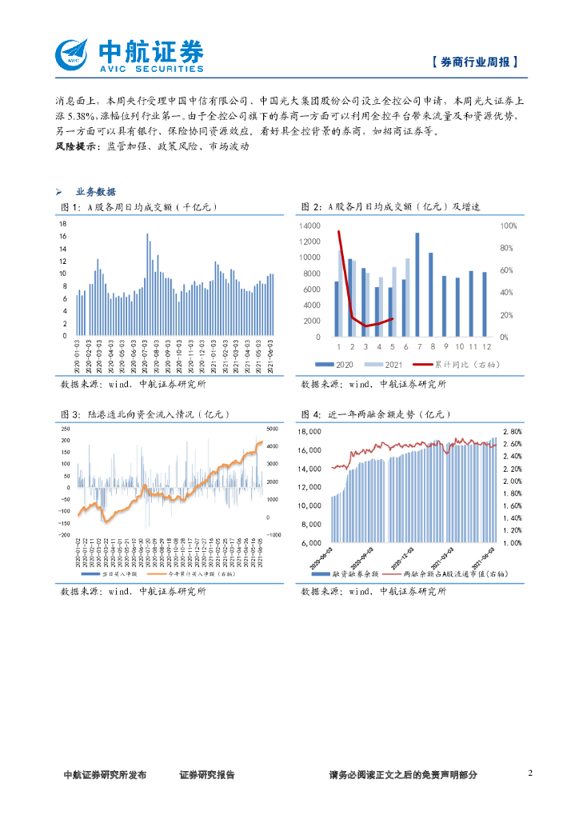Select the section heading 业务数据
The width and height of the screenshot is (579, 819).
95,192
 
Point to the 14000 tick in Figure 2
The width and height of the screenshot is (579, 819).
309,226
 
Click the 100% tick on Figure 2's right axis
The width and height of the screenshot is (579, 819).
509,226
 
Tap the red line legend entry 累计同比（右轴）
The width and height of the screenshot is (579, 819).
457,365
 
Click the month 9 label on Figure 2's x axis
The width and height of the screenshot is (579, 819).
444,347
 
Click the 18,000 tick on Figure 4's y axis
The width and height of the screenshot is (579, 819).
309,432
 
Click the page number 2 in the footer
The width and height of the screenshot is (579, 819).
529,773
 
